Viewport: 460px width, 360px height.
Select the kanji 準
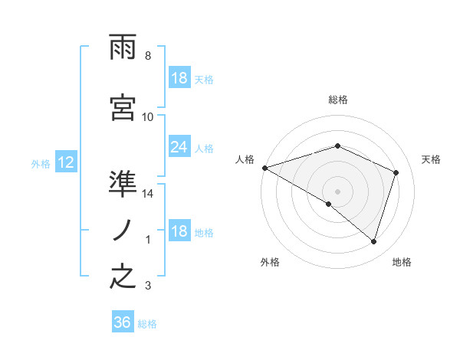[123, 185]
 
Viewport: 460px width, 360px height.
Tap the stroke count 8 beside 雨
[148, 56]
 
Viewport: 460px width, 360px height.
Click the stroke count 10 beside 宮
[148, 116]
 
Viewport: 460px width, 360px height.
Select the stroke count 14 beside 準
[148, 194]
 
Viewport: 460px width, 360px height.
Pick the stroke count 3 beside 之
[148, 286]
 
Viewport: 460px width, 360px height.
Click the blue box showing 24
[179, 147]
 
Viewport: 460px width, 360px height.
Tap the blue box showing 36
[122, 322]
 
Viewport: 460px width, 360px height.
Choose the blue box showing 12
[65, 162]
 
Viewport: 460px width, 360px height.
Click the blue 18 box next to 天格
[179, 78]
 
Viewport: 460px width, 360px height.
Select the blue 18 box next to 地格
[179, 232]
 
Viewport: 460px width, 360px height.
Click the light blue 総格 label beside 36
[147, 324]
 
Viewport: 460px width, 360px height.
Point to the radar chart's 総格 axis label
[337, 100]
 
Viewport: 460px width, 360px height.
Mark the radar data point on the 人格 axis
[264, 168]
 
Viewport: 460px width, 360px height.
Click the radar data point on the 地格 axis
[373, 241]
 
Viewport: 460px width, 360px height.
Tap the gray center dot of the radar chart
[337, 191]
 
